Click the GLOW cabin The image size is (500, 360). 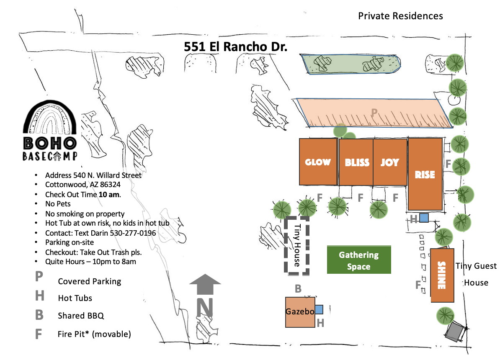tap(318, 162)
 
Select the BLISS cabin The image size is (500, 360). tap(356, 162)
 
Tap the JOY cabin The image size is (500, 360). tap(390, 162)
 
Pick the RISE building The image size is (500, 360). tap(425, 174)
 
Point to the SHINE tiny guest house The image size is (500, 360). tap(442, 275)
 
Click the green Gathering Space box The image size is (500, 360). tap(359, 260)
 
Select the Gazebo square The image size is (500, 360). tap(300, 312)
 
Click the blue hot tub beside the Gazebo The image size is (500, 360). tap(319, 309)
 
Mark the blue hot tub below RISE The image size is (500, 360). tap(424, 218)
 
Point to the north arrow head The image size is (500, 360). tap(205, 279)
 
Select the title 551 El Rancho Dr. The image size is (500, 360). tap(235, 47)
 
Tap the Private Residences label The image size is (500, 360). tap(400, 16)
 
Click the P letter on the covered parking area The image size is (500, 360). tap(374, 112)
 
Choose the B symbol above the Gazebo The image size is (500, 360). tap(298, 288)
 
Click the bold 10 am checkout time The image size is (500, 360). tap(109, 195)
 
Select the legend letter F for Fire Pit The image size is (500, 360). tap(38, 334)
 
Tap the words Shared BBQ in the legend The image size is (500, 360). tap(81, 316)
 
